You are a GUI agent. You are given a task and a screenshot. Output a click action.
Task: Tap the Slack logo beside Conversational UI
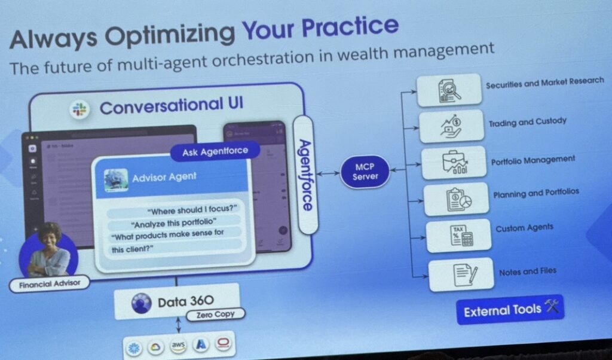(79, 109)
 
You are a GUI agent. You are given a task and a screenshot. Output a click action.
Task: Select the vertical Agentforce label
(305, 175)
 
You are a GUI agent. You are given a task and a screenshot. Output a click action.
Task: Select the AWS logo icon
(178, 346)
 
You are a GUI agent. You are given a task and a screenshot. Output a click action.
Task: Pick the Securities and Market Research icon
(450, 90)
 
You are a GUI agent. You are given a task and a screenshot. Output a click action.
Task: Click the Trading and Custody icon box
(451, 126)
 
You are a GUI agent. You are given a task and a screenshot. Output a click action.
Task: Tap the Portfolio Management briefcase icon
(454, 162)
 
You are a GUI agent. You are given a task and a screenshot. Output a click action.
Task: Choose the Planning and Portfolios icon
(455, 199)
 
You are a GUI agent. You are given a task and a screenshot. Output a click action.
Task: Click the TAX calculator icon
(458, 236)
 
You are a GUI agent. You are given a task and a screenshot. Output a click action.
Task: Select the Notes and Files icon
(460, 274)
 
